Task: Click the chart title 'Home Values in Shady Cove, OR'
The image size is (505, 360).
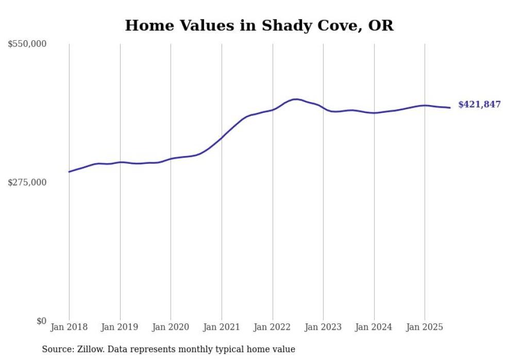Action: (259, 25)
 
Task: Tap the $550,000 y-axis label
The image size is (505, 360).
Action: (27, 44)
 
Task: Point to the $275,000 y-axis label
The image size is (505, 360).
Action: (27, 182)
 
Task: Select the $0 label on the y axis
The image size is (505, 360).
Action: (41, 321)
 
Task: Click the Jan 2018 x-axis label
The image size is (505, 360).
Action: (69, 327)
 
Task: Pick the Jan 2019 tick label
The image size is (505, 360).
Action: (120, 327)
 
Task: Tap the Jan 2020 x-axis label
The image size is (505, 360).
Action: (171, 327)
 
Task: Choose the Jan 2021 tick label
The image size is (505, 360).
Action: (222, 327)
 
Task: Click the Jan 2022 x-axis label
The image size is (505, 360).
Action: (273, 327)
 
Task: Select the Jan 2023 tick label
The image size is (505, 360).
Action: (323, 327)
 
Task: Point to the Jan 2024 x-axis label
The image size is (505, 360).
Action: (374, 327)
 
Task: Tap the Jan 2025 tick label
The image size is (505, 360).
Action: (425, 327)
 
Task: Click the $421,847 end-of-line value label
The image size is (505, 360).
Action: (479, 105)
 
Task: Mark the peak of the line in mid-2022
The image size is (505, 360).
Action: (295, 99)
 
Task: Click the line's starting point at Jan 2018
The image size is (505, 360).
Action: (69, 172)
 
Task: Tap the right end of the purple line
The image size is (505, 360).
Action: (450, 108)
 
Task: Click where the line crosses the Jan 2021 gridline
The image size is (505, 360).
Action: (222, 138)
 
